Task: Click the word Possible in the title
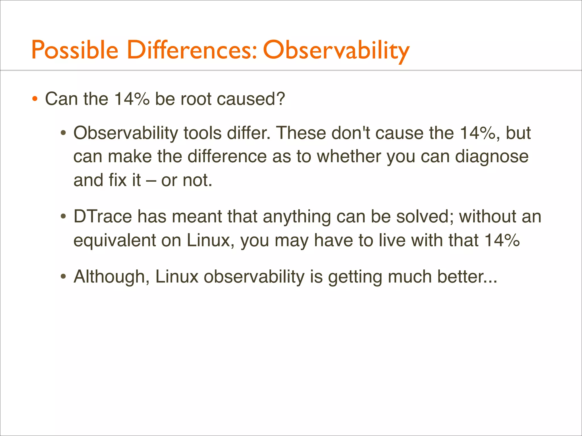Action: point(74,50)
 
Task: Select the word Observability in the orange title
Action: point(336,50)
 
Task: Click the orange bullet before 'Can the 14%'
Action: point(35,99)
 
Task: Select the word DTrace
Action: point(103,217)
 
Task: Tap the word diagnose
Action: point(492,157)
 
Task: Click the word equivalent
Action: point(115,240)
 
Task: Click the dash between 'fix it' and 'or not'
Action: point(151,181)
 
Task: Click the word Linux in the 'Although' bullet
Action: point(176,276)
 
